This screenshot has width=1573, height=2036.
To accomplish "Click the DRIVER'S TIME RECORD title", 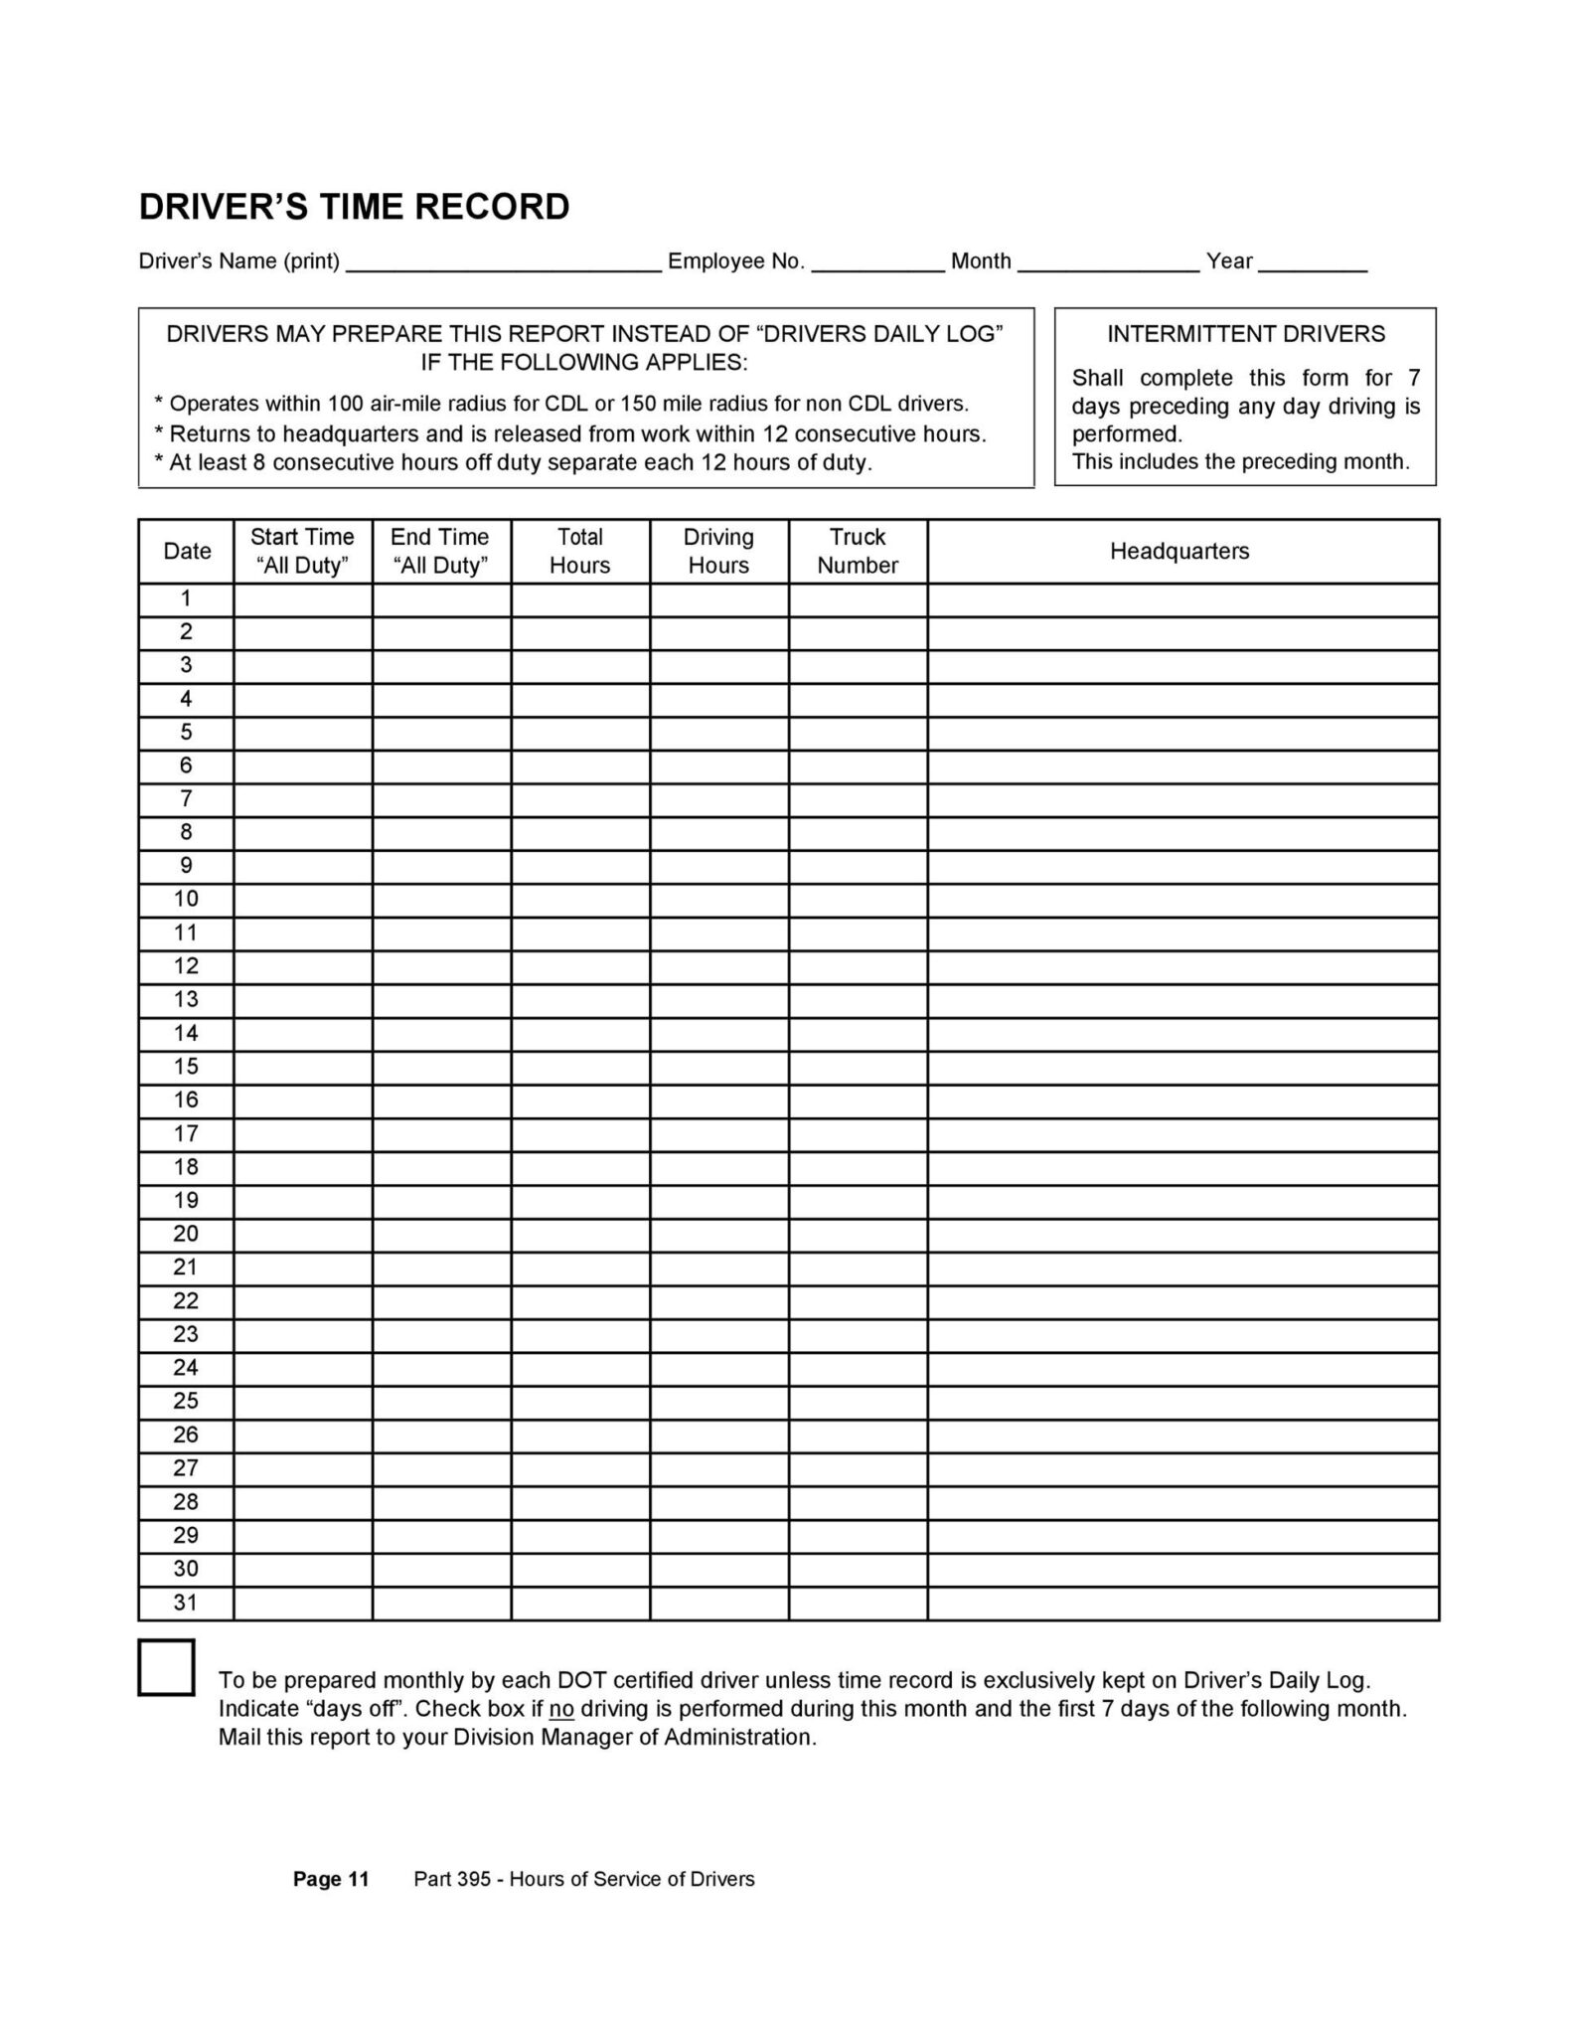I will [x=354, y=207].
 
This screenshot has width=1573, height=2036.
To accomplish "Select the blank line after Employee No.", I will [x=878, y=262].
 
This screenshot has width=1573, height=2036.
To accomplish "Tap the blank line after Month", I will [x=1108, y=262].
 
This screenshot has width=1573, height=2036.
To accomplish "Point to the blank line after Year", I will [x=1318, y=262].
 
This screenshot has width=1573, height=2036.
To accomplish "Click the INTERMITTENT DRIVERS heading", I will [x=1245, y=334].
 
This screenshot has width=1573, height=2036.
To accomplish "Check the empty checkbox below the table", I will [x=166, y=1667].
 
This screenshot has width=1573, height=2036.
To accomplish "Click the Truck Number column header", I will [x=858, y=551].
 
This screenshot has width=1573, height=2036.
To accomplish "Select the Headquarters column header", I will [x=1180, y=551].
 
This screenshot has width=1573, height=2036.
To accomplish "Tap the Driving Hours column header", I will [x=718, y=551].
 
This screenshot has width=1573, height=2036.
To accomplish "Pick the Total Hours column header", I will [x=579, y=551].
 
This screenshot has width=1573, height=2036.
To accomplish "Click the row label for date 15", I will [x=186, y=1067].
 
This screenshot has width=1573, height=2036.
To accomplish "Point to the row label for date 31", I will [x=186, y=1603].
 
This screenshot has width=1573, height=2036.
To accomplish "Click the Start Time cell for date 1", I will [x=303, y=599].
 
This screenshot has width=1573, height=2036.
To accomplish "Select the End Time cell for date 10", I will [x=441, y=900].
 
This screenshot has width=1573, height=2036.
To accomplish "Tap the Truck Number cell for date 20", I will [x=858, y=1235].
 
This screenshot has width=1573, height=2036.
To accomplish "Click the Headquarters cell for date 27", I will [x=1182, y=1468].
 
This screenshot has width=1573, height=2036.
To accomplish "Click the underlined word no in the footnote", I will [x=561, y=1709].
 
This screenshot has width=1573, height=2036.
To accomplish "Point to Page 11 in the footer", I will [x=331, y=1879].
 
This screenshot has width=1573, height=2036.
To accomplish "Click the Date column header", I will [x=187, y=551].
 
